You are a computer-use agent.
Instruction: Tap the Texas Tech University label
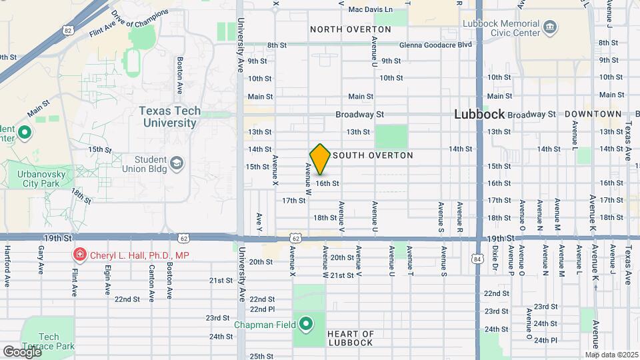(x=169, y=117)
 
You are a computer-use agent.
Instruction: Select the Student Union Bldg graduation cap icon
(x=177, y=163)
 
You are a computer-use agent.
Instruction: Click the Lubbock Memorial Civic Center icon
(x=551, y=27)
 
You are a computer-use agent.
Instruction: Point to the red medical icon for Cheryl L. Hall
(x=79, y=255)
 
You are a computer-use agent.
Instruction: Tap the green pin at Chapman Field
(x=306, y=325)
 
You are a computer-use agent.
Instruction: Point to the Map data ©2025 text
(x=611, y=355)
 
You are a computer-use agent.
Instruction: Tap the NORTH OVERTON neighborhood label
(x=351, y=29)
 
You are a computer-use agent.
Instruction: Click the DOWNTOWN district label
(x=593, y=114)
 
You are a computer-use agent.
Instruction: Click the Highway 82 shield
(x=68, y=30)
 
